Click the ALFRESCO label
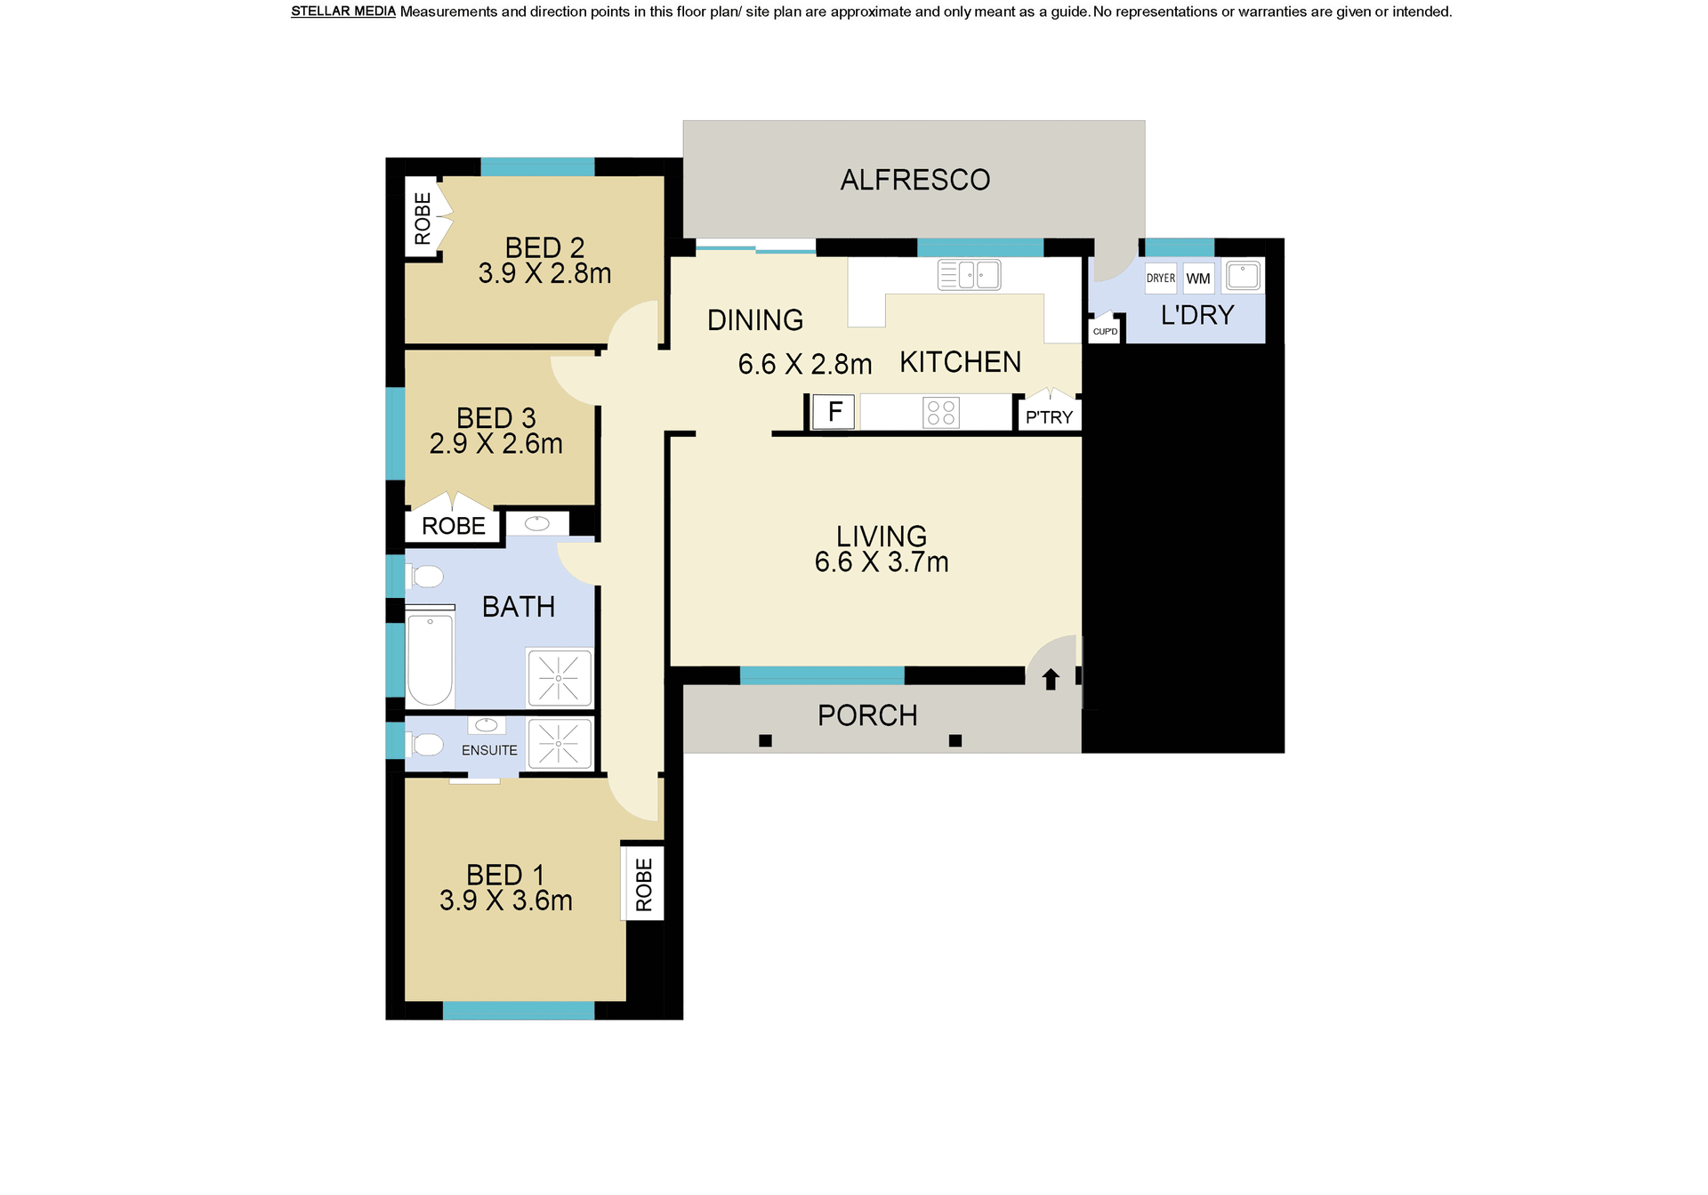coord(914,180)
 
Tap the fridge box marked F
coord(834,412)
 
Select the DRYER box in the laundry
coord(1160,279)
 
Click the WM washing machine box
coord(1198,279)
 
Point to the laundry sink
coord(1243,276)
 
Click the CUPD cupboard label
coord(1105,332)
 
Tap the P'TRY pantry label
coord(1049,417)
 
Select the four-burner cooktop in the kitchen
coord(941,413)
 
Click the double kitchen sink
coord(969,275)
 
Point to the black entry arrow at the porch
coord(1051,679)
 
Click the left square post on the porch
coord(765,740)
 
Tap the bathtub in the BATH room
coord(430,659)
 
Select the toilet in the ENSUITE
coord(425,744)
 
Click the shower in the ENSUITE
coord(559,743)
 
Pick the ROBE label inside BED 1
coord(644,884)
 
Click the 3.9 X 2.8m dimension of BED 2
coord(544,273)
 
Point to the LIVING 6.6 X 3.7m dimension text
coord(882,562)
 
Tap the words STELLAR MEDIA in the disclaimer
coord(343,12)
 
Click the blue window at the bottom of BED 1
coord(519,1011)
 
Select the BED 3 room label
coord(496,418)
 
